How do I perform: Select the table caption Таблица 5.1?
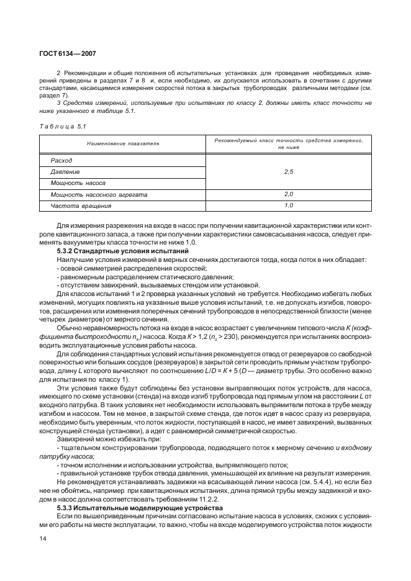[x=63, y=127]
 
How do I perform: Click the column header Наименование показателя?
[x=123, y=143]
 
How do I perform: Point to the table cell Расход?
[x=61, y=160]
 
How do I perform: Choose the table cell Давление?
[x=65, y=171]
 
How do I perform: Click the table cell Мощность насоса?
[x=78, y=183]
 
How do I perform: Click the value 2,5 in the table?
[x=288, y=171]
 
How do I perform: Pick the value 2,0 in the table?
[x=288, y=194]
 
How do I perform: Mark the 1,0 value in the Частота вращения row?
[x=288, y=205]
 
